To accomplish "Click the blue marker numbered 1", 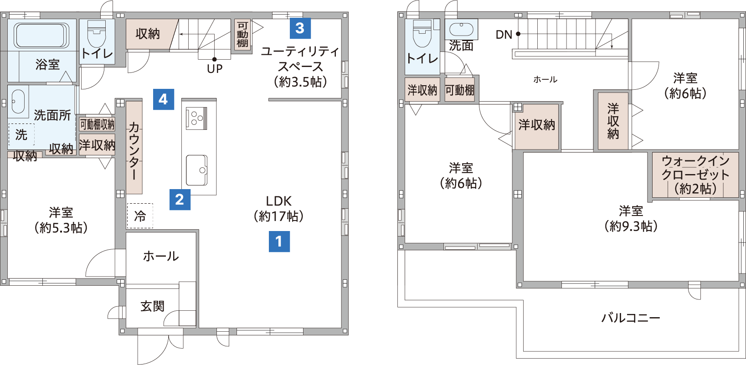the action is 279,242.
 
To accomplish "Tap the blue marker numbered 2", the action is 180,200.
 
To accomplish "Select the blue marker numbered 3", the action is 300,28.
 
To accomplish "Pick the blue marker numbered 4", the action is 164,99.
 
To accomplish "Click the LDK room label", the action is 279,209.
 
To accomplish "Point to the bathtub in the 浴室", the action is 41,35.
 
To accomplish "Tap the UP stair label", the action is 215,69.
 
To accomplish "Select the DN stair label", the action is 504,34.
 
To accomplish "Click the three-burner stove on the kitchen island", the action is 196,118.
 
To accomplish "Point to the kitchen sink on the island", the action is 196,170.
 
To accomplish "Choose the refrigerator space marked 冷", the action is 140,216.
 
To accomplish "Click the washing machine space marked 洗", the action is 21,134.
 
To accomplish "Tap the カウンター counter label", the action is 134,150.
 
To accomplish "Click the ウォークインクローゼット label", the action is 695,175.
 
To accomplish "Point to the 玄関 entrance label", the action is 153,306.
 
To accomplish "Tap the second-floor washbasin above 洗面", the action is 461,29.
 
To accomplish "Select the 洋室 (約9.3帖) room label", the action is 631,218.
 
